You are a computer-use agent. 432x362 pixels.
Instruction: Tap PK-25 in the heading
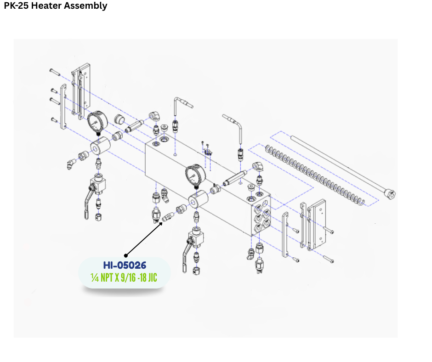pos(17,6)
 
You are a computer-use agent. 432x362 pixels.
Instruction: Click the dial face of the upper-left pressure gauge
pos(97,122)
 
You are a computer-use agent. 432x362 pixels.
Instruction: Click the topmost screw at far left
pos(54,71)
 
